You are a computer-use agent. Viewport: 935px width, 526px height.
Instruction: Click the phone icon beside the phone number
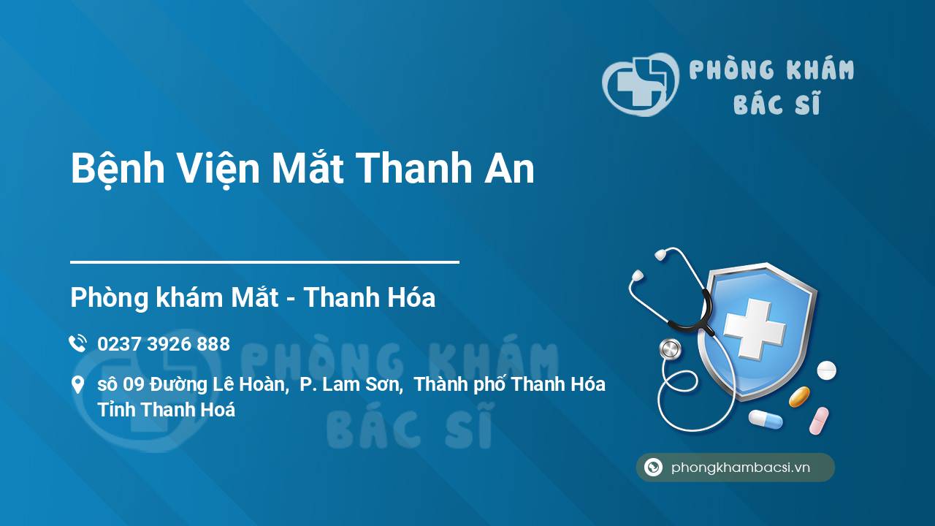pyautogui.click(x=77, y=343)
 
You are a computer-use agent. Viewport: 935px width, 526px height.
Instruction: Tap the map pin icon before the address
pyautogui.click(x=77, y=385)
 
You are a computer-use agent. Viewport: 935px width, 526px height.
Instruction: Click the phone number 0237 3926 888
pyautogui.click(x=164, y=344)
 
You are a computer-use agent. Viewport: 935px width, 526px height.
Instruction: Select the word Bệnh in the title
pyautogui.click(x=118, y=169)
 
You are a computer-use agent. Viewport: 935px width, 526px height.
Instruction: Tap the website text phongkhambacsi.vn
pyautogui.click(x=741, y=467)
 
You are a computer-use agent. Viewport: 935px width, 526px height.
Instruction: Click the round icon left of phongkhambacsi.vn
pyautogui.click(x=653, y=467)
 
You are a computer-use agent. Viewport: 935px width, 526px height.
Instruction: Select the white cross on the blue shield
pyautogui.click(x=755, y=329)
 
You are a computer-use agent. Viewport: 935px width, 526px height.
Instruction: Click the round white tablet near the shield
pyautogui.click(x=826, y=370)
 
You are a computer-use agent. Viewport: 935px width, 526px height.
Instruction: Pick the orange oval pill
pyautogui.click(x=799, y=397)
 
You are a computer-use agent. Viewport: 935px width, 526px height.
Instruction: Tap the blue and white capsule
pyautogui.click(x=766, y=419)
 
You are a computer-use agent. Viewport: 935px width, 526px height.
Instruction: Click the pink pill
pyautogui.click(x=819, y=421)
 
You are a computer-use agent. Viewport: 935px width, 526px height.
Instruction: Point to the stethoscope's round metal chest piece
pyautogui.click(x=671, y=349)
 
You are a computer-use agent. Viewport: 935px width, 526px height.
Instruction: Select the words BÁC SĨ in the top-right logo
pyautogui.click(x=776, y=103)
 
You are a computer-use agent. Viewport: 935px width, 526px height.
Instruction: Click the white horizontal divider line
pyautogui.click(x=264, y=262)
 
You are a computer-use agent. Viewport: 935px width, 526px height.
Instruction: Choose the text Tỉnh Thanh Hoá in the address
pyautogui.click(x=166, y=410)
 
